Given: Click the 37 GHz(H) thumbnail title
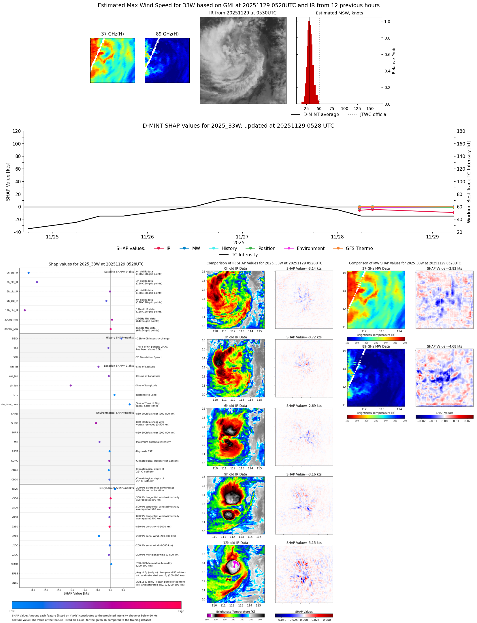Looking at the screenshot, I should (x=112, y=34).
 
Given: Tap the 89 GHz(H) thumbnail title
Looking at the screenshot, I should (x=167, y=34).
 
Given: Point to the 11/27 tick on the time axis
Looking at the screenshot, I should (x=242, y=237).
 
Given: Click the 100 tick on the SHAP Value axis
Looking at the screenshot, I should (x=17, y=144).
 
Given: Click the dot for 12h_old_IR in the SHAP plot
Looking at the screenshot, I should (x=25, y=310).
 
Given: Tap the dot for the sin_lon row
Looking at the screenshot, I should (x=71, y=385).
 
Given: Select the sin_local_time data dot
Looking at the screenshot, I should (x=129, y=404).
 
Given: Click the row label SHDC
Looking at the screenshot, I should (x=14, y=423).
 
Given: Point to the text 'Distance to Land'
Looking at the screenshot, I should (x=146, y=395).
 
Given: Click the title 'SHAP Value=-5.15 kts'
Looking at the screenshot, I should (x=304, y=543).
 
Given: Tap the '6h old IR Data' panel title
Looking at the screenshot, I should (x=235, y=406).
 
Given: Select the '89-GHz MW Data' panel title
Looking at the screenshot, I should (x=376, y=346).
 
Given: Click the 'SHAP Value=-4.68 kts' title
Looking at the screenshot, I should (x=444, y=346).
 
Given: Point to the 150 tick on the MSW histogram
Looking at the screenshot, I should (x=370, y=109).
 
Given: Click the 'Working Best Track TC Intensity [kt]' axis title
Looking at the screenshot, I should (x=469, y=182).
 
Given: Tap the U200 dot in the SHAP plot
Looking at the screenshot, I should (x=99, y=536).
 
